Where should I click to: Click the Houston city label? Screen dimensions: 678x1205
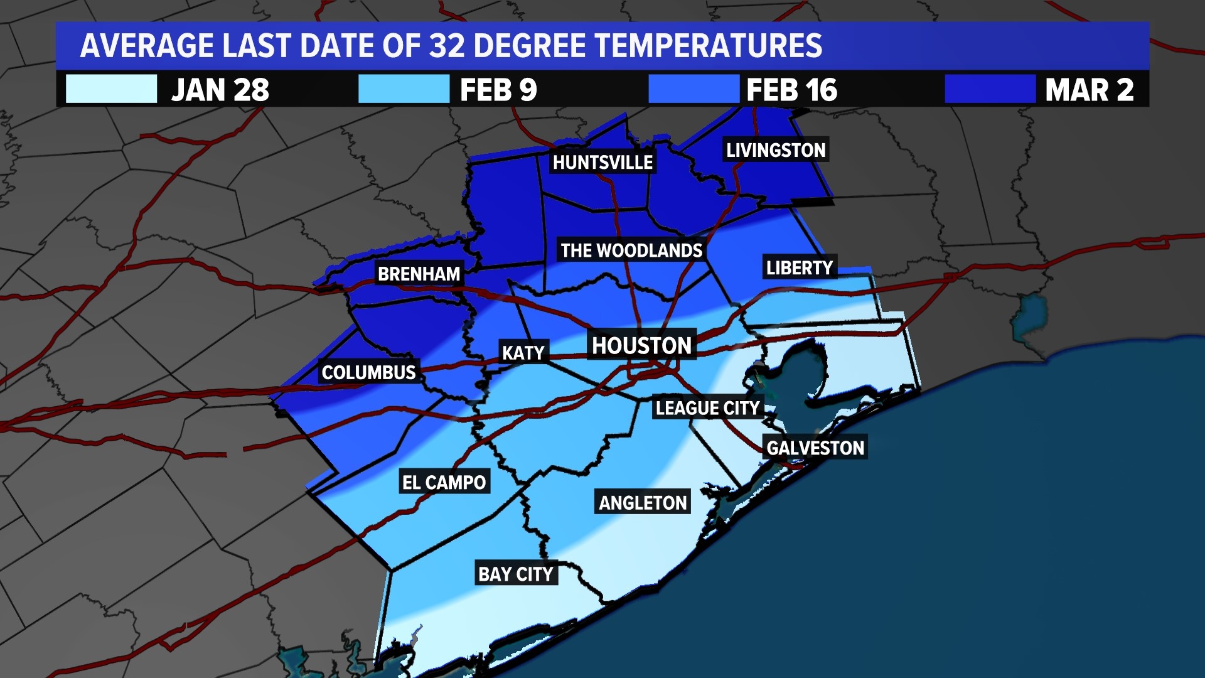point(641,346)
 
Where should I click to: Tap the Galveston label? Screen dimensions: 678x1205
point(815,448)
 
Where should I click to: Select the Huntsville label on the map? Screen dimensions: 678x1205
point(602,163)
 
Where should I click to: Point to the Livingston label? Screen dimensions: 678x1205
point(776,150)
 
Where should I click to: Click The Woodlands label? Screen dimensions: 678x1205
point(631,250)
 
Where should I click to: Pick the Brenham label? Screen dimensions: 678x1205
point(419,274)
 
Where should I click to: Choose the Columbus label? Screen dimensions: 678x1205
point(368,372)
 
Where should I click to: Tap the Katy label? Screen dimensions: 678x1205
point(523,353)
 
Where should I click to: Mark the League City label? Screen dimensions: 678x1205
point(707,408)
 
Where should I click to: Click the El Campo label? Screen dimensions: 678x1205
point(444,482)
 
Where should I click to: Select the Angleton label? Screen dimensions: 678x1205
point(643,502)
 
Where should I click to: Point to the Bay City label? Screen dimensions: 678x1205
point(515,574)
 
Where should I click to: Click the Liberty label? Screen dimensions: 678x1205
point(799,267)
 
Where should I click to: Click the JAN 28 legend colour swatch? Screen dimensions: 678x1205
point(111,89)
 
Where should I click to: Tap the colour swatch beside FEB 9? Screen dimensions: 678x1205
point(404,89)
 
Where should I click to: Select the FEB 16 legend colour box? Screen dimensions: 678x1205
point(694,89)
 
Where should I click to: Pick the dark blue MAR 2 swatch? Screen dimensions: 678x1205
point(990,89)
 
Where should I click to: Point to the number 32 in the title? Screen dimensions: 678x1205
point(447,46)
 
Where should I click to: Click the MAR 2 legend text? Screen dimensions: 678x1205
point(1089,90)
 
